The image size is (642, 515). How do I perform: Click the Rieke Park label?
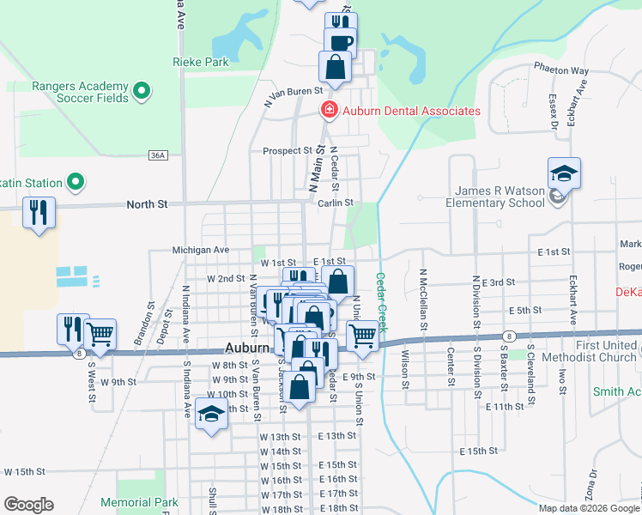pos(200,62)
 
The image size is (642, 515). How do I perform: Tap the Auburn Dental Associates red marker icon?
pos(327,111)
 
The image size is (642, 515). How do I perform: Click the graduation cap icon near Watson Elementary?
pos(564,174)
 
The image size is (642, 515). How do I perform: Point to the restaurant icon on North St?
pos(39,213)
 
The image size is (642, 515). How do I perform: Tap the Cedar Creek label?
pos(382,302)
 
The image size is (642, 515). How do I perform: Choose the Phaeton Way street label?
pos(560,70)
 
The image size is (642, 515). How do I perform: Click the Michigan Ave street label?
pos(201,249)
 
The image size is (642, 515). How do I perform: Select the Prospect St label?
pos(287,150)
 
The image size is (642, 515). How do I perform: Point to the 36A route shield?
pos(157,155)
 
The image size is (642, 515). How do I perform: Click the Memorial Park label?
pos(138,502)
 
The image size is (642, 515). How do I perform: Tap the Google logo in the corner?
pos(28,505)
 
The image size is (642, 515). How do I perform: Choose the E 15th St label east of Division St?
pos(479,451)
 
